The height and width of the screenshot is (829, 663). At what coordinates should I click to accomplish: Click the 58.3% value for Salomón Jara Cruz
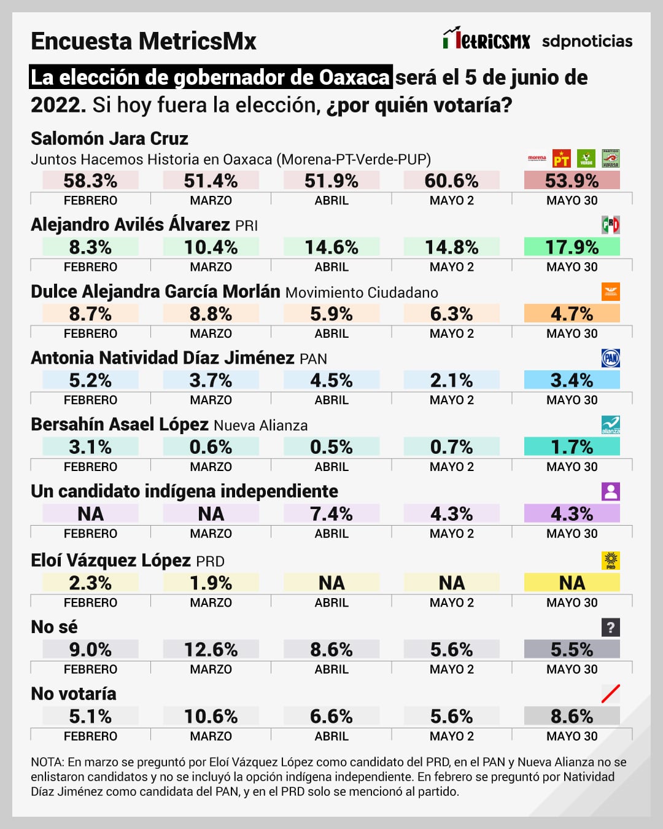pos(90,181)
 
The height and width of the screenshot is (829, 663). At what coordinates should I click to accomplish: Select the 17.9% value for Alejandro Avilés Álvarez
pos(572,247)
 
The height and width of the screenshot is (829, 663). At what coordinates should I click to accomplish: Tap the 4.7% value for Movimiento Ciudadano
pos(572,314)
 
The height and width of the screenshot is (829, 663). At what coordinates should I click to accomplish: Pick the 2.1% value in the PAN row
pos(451,380)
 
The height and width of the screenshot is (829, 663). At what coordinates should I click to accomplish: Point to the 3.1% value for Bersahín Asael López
pos(90,446)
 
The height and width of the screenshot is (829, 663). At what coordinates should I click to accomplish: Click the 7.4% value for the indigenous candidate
pos(331,513)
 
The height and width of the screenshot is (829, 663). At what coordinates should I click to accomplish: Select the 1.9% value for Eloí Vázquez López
pos(211,582)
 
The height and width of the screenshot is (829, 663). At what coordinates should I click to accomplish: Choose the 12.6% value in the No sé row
pos(211,649)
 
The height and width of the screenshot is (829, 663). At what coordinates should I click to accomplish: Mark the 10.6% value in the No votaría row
pos(211,716)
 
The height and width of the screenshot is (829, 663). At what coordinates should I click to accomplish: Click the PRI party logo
pos(610,225)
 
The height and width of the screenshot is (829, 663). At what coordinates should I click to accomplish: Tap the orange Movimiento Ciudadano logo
pos(610,292)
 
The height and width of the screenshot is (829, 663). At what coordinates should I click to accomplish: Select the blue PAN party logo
pos(610,358)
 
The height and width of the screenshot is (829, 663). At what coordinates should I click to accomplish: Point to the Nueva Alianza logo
pos(610,425)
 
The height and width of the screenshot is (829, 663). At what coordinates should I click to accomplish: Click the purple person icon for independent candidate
pos(610,491)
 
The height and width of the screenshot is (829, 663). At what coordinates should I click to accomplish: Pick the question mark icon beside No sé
pos(610,627)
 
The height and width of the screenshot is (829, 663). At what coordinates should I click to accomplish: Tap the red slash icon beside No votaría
pos(610,694)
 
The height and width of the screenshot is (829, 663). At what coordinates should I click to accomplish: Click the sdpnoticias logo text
pos(587,41)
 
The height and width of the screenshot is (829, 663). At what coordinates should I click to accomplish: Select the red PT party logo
pos(561,159)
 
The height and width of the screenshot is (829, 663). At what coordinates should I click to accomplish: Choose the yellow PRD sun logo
pos(610,561)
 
